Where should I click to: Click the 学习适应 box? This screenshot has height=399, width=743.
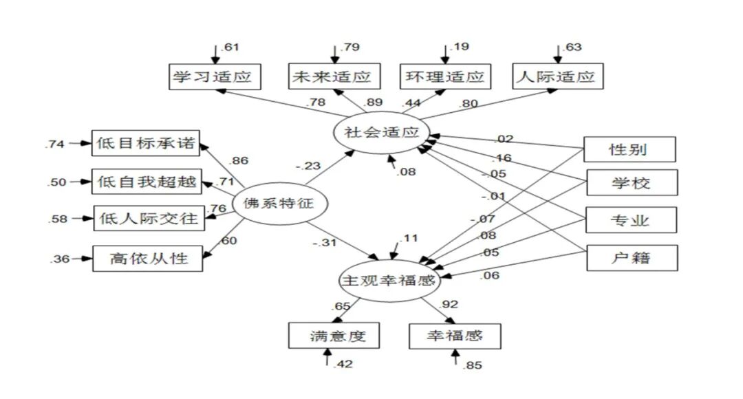click(215, 76)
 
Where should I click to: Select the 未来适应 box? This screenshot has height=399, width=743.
click(333, 76)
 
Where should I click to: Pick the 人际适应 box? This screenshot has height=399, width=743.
click(557, 76)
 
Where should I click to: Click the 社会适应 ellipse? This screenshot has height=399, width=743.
click(382, 132)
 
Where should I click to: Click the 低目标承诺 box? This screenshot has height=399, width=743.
click(147, 144)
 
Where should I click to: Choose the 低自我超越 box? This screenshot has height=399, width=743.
click(147, 182)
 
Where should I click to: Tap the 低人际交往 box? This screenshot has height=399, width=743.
click(147, 219)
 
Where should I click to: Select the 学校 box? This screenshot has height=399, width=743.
click(630, 184)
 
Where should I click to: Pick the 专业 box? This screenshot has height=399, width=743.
click(630, 220)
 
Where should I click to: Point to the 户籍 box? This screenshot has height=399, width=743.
click(630, 258)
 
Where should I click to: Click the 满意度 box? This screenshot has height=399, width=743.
click(334, 336)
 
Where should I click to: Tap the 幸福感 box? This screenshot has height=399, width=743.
click(455, 336)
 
